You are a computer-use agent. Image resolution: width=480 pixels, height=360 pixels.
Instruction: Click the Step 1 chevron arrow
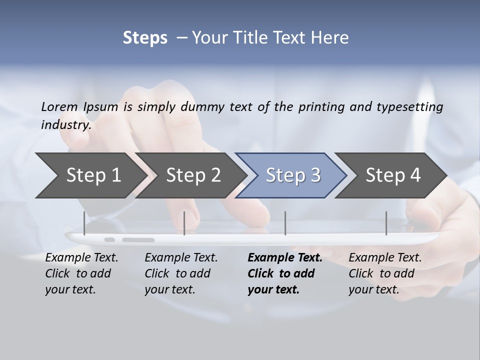(x=93, y=175)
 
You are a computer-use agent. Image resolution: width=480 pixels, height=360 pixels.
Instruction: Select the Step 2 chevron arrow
(x=193, y=175)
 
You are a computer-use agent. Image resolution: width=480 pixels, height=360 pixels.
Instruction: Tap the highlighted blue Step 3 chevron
(x=293, y=175)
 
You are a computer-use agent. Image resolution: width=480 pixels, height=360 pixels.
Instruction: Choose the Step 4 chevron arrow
(x=393, y=175)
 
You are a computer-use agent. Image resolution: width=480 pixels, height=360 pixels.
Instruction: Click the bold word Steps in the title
(x=145, y=38)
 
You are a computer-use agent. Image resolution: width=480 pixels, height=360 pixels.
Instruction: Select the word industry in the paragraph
(x=65, y=124)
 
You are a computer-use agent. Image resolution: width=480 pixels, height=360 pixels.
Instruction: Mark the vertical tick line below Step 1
(x=84, y=223)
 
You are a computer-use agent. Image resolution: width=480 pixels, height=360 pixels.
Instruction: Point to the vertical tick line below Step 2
(x=184, y=223)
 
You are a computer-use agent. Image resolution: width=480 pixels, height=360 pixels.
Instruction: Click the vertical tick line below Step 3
(x=285, y=223)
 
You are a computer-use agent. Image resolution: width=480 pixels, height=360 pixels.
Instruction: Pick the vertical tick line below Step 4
(x=386, y=223)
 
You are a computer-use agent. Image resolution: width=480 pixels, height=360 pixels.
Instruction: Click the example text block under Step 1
(x=81, y=273)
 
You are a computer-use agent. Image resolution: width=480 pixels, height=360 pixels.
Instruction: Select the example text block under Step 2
(x=181, y=273)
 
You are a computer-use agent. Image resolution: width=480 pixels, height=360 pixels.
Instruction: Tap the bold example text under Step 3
(x=284, y=273)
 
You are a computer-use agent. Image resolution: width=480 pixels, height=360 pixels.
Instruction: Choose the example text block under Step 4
(x=385, y=273)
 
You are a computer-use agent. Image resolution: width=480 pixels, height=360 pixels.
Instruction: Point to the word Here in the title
(x=331, y=38)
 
